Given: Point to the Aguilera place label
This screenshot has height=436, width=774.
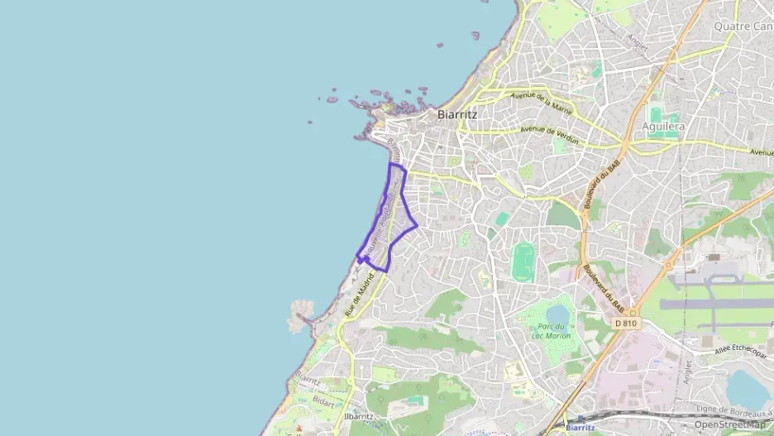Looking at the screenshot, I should point(663,127).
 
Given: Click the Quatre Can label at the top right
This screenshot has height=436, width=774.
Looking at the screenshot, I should point(743,26).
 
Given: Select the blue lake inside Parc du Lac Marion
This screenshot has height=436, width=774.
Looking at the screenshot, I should point(558,314).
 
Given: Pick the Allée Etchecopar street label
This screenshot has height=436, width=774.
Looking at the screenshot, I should point(740,351).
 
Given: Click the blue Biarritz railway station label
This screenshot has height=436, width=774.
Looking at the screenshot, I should point(580,427).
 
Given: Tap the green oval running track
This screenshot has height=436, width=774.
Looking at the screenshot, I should point(522,261).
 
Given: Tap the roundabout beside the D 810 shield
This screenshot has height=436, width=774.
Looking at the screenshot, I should point(633,312).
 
